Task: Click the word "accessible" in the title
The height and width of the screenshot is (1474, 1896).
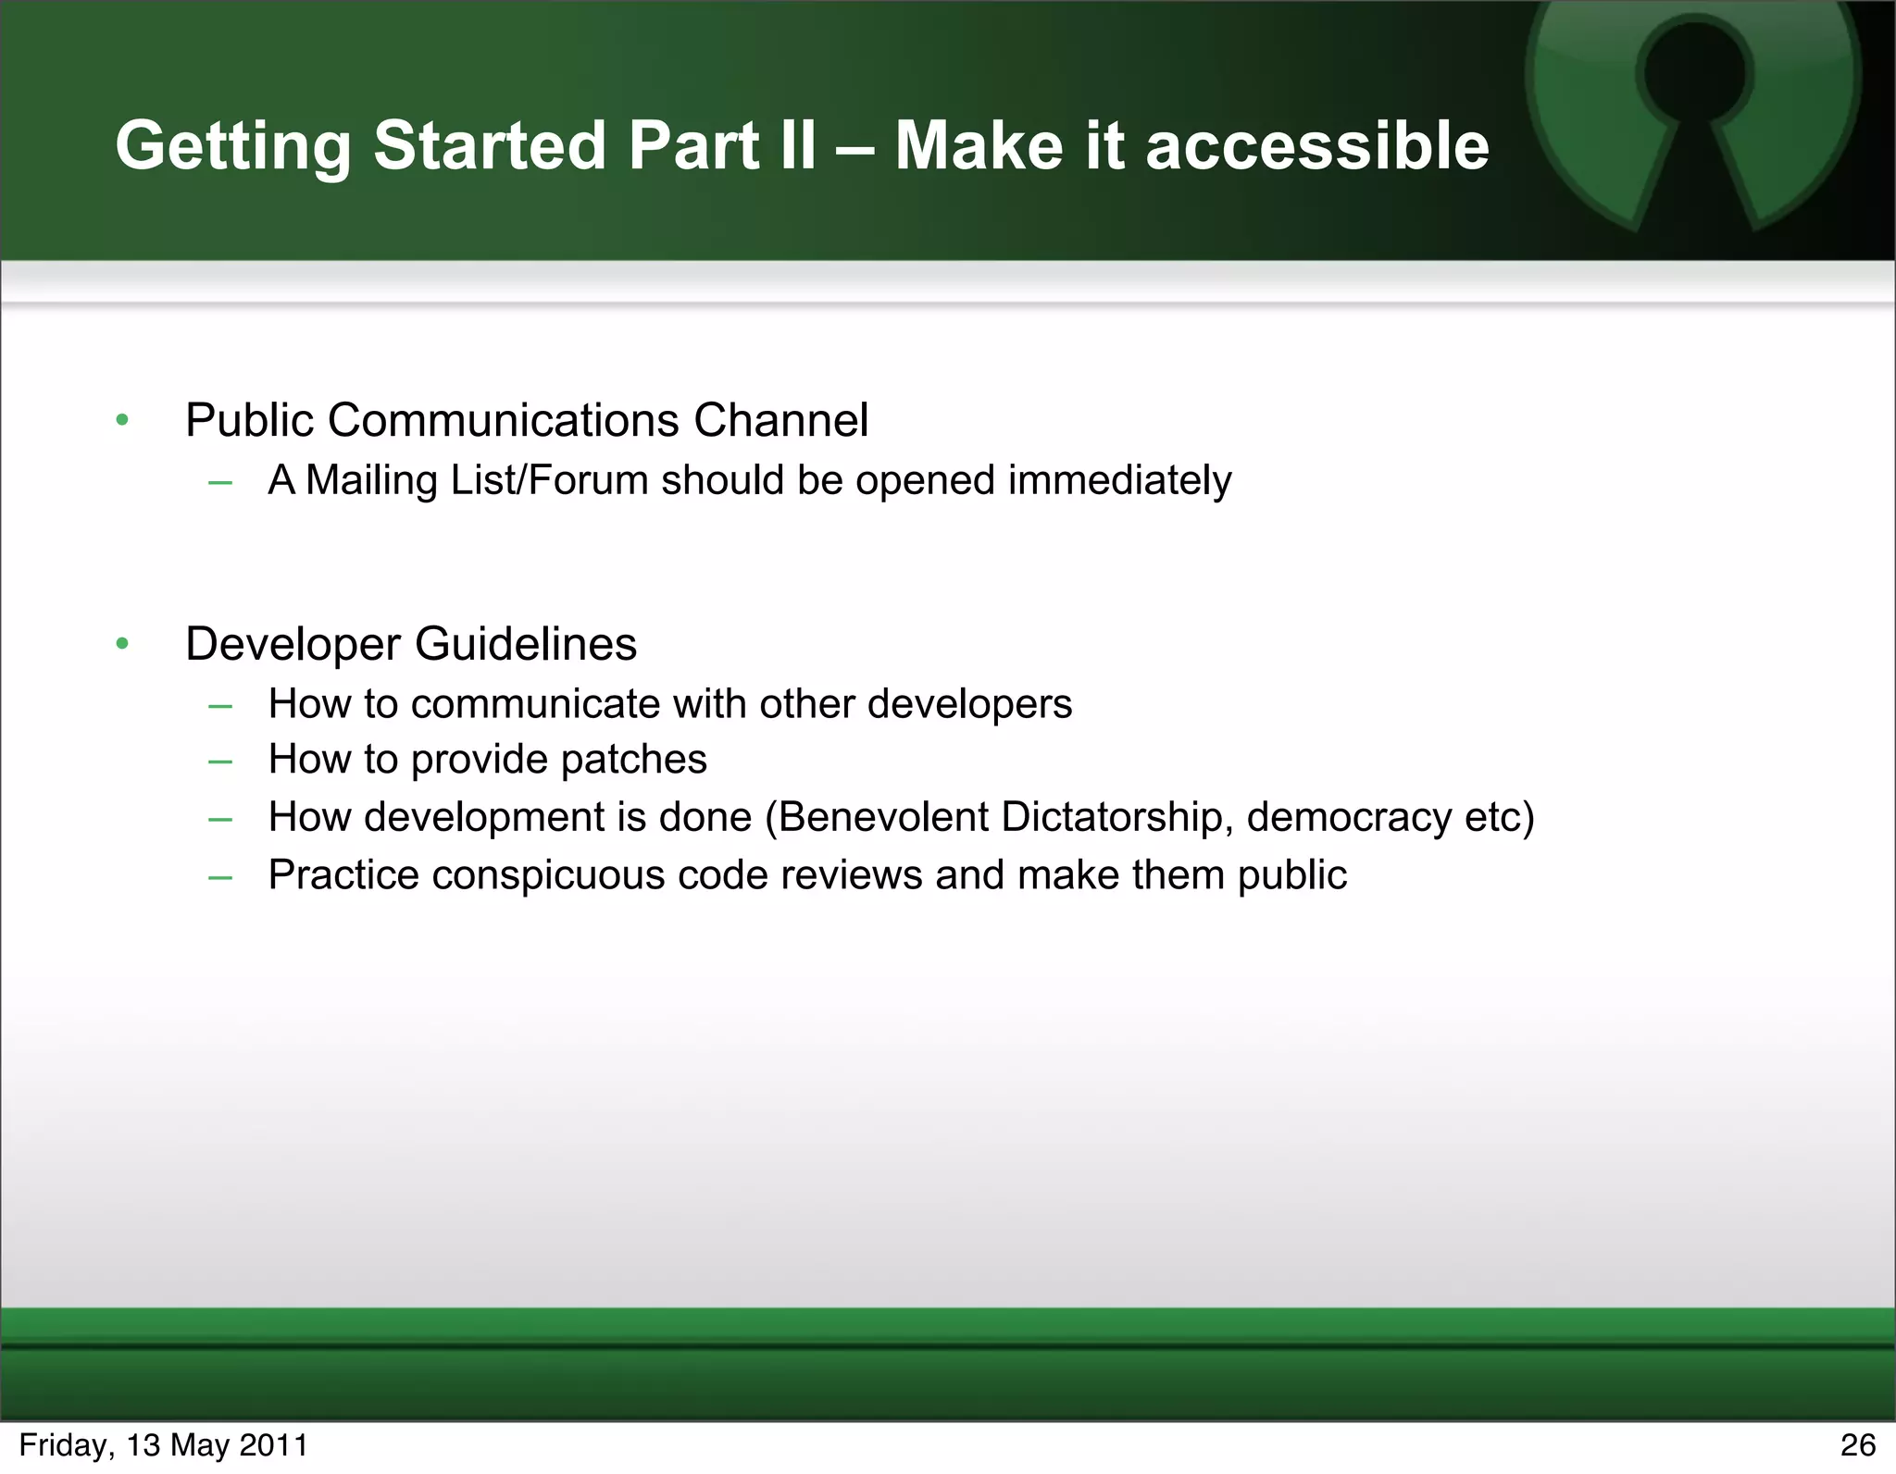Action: pyautogui.click(x=1316, y=146)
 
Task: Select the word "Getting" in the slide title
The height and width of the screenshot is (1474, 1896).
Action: pyautogui.click(x=232, y=148)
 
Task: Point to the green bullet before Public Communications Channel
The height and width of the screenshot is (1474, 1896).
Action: pyautogui.click(x=122, y=421)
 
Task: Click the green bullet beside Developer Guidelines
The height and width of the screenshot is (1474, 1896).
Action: pyautogui.click(x=122, y=644)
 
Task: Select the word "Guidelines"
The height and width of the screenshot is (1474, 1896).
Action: pyautogui.click(x=525, y=644)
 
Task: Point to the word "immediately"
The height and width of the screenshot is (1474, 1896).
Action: pyautogui.click(x=1119, y=481)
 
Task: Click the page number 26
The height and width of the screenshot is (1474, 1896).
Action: pyautogui.click(x=1857, y=1445)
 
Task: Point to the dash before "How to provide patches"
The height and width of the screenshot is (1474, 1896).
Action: pyautogui.click(x=220, y=762)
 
